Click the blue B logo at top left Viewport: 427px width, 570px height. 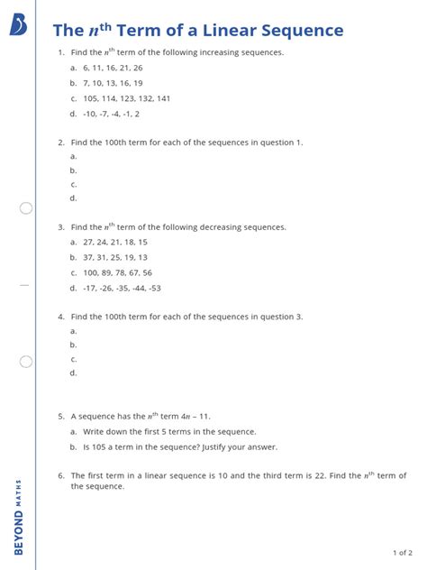pos(18,25)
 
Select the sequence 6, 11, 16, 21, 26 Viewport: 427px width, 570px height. pos(113,68)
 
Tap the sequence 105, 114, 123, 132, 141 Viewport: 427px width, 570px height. pos(125,98)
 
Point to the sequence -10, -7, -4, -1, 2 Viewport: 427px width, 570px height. pos(111,115)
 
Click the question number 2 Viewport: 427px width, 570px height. pos(60,142)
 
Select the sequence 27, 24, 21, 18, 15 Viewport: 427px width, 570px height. pos(114,243)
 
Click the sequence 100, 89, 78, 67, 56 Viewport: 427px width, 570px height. pos(117,272)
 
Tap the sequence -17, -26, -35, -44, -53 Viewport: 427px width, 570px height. pos(121,289)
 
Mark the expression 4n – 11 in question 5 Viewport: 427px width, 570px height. pos(196,417)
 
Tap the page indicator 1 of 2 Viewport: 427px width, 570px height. pos(403,552)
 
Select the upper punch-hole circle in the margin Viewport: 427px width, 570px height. pos(26,208)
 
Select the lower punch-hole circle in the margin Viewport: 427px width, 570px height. pos(26,362)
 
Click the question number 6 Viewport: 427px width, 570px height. pos(60,475)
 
